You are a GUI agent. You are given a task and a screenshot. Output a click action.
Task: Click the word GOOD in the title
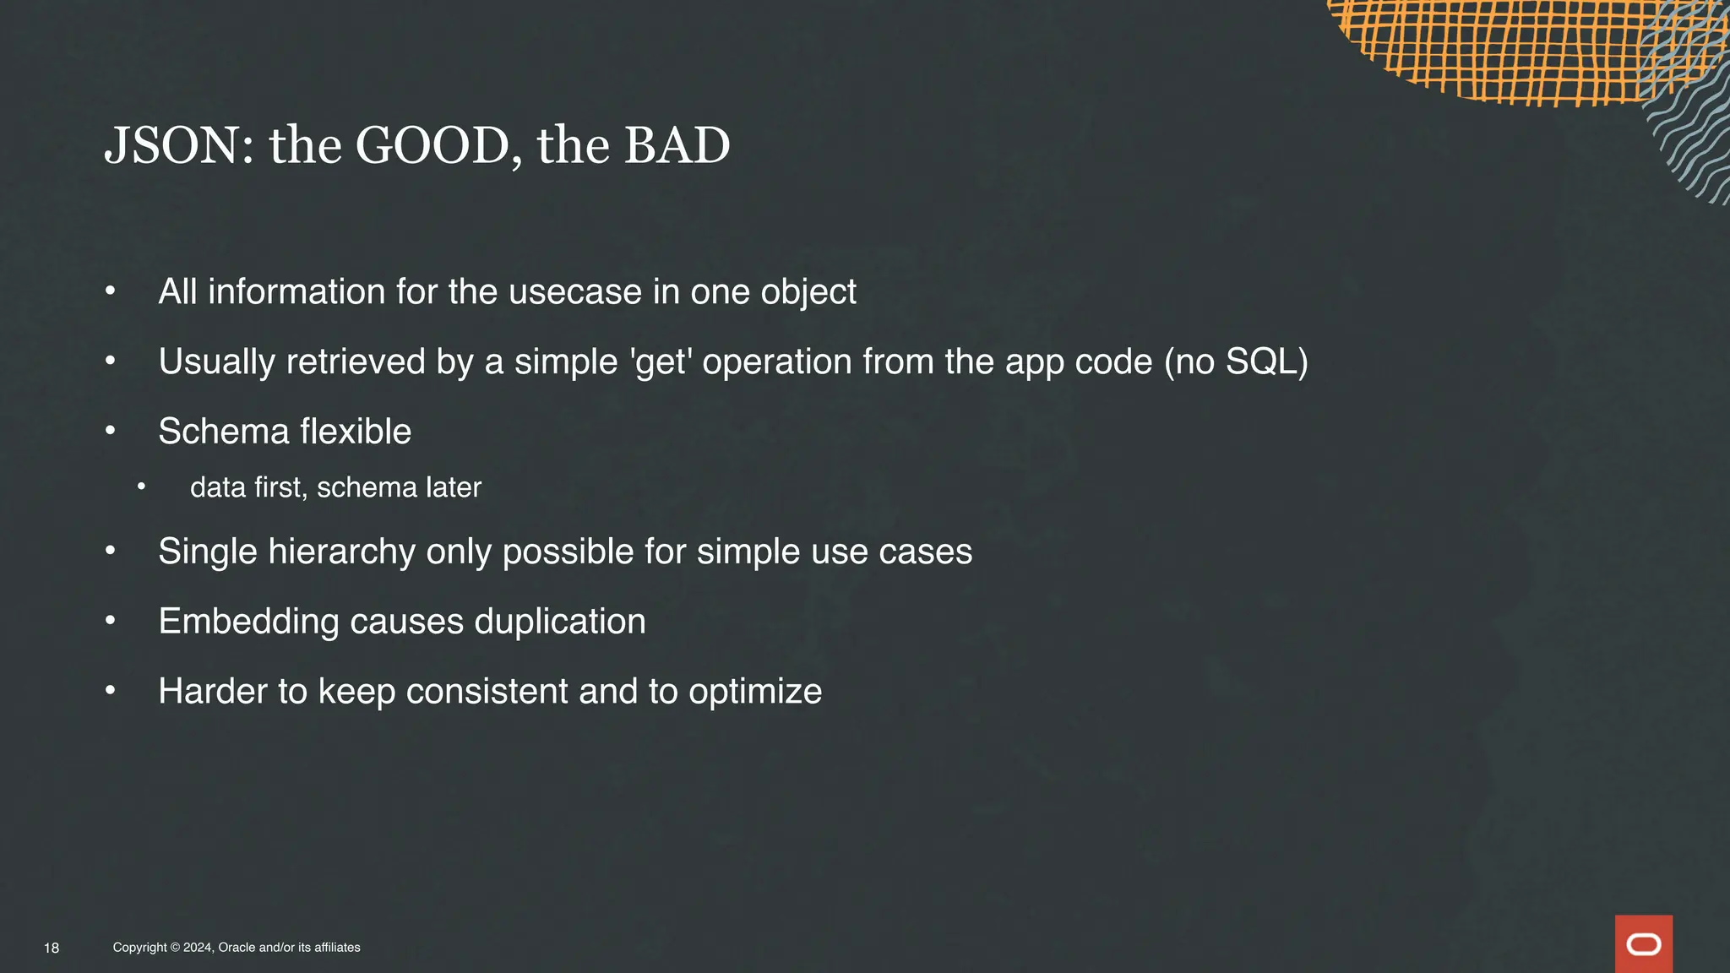click(432, 145)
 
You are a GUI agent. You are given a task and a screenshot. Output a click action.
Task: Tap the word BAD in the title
click(677, 145)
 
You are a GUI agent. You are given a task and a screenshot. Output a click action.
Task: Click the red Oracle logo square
click(1643, 943)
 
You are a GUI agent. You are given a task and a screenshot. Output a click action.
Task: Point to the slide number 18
click(52, 948)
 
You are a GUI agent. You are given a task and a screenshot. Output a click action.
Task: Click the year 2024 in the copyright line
click(198, 948)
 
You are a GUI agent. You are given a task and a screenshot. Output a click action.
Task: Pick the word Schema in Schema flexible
click(224, 432)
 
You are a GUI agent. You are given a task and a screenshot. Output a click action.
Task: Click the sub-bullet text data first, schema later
click(335, 487)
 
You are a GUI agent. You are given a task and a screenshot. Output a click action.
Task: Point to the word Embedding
click(248, 622)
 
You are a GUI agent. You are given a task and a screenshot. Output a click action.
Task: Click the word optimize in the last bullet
click(754, 692)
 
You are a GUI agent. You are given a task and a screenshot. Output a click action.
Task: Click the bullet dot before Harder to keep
click(110, 691)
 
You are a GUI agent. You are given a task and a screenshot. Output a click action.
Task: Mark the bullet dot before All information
click(110, 291)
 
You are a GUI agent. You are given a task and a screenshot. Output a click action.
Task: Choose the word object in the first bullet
click(808, 292)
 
